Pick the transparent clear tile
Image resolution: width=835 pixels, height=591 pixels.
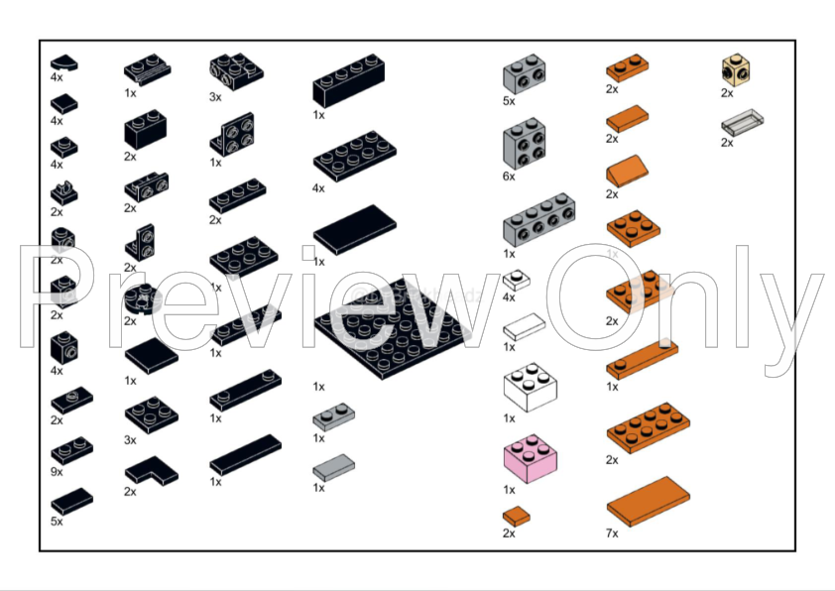click(744, 121)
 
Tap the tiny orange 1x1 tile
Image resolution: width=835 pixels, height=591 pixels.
click(516, 517)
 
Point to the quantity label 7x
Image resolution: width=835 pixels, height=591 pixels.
click(612, 533)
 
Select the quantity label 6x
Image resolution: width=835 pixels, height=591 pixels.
click(510, 177)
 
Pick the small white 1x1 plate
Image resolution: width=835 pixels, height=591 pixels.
click(516, 281)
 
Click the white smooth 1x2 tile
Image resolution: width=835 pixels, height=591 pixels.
click(523, 326)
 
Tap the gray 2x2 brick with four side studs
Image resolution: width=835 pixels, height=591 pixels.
click(524, 143)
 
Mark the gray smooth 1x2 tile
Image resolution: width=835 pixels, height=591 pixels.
click(334, 467)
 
